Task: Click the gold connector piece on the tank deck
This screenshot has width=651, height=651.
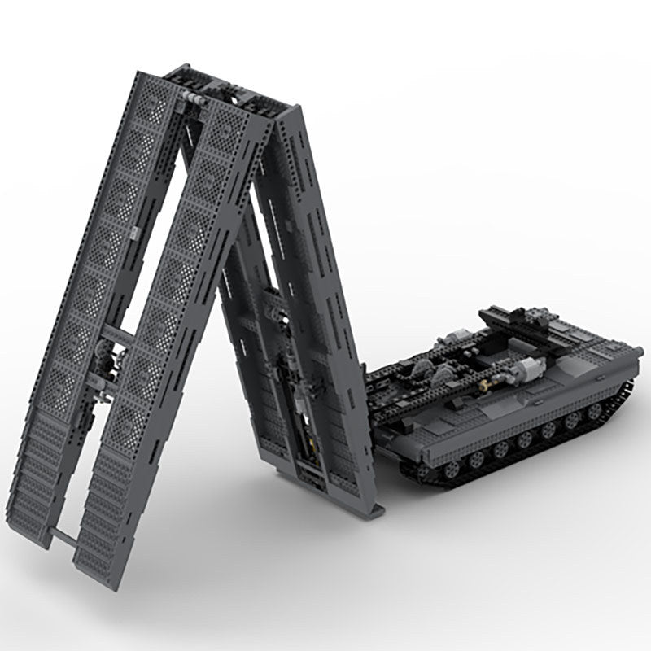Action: (x=490, y=379)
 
